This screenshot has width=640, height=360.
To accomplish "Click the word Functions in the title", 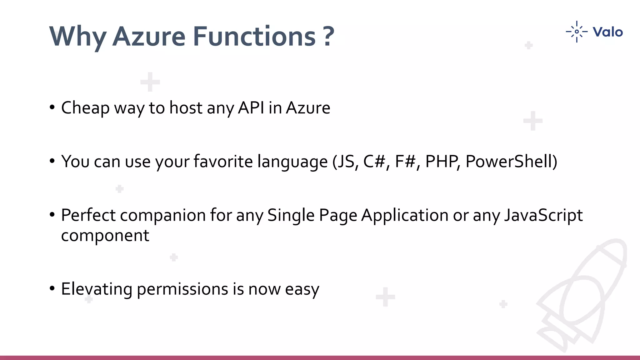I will pyautogui.click(x=254, y=37).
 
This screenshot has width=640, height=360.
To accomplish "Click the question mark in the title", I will pyautogui.click(x=329, y=37).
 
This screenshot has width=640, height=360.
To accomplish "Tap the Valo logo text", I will pyautogui.click(x=607, y=32).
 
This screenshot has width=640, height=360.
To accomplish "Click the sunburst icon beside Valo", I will pyautogui.click(x=577, y=32).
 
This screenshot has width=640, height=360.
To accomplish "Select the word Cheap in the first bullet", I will pyautogui.click(x=85, y=108).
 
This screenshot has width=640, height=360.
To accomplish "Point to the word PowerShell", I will pyautogui.click(x=511, y=162).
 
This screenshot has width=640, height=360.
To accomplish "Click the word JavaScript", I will pyautogui.click(x=543, y=215).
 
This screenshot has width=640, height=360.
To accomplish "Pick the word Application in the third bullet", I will pyautogui.click(x=405, y=215).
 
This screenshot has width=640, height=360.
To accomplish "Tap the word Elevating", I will pyautogui.click(x=97, y=289).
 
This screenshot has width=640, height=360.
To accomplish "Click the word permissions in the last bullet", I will pyautogui.click(x=182, y=289).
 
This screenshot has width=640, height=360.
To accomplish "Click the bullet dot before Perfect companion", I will pyautogui.click(x=52, y=215).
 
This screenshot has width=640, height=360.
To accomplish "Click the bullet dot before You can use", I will pyautogui.click(x=52, y=161).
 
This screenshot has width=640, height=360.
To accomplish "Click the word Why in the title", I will pyautogui.click(x=78, y=37).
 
